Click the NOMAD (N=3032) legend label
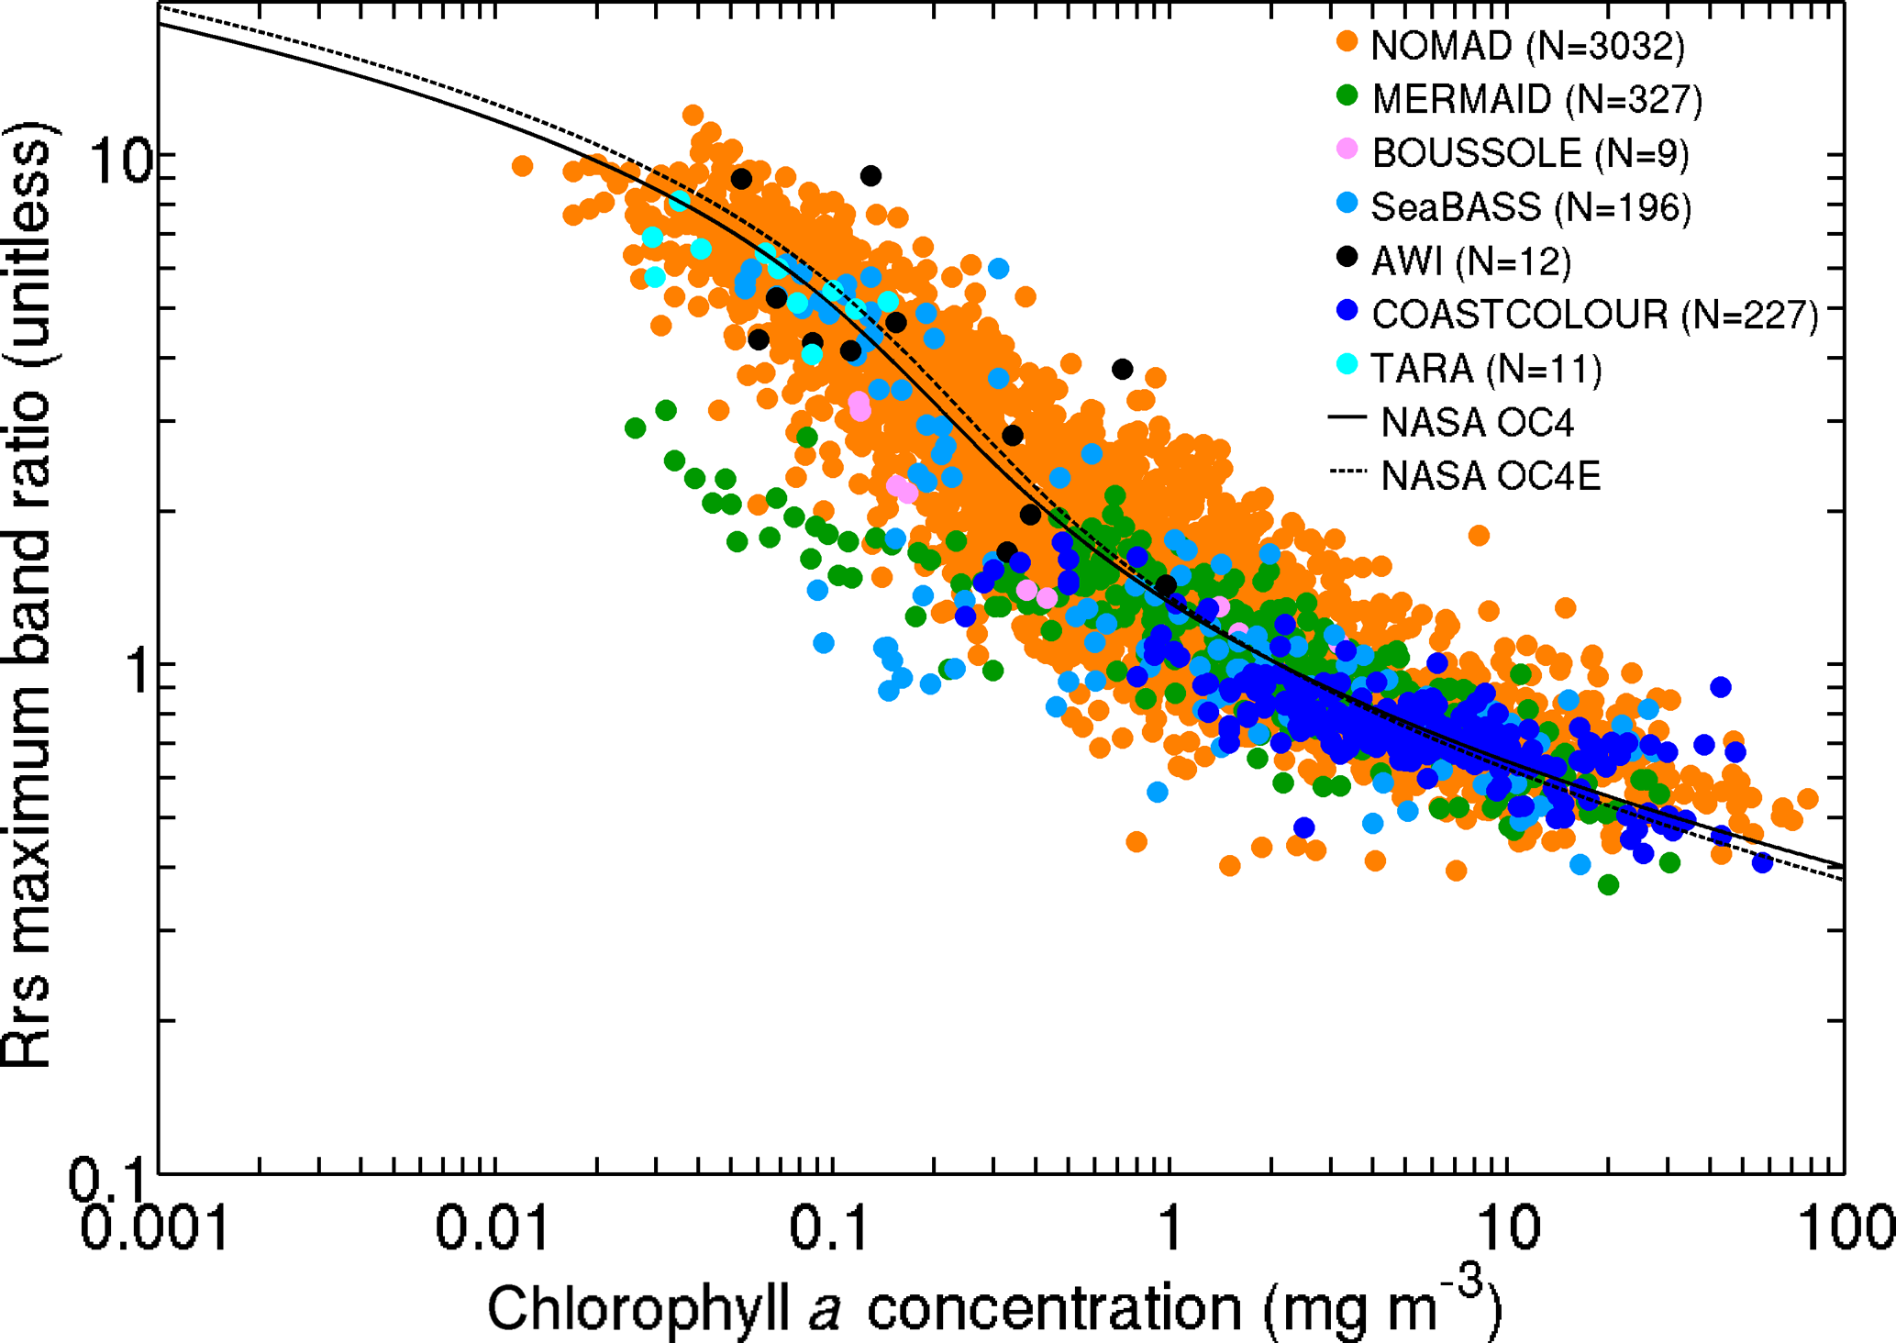tap(1527, 46)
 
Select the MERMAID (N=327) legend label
tap(1536, 99)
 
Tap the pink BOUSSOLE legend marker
tap(1347, 149)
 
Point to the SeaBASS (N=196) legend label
tap(1530, 207)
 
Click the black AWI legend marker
tap(1347, 257)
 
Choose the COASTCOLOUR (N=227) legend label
tap(1594, 315)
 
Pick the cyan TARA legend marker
tap(1347, 364)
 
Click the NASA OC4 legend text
tap(1477, 423)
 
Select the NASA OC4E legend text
tap(1491, 476)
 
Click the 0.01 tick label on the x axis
tap(493, 1228)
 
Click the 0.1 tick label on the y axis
tap(105, 1181)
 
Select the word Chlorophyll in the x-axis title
tap(638, 1308)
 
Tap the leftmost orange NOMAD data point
tap(522, 166)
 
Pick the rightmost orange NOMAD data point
tap(1808, 799)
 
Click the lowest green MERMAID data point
tap(1608, 884)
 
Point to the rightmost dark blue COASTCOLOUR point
tap(1762, 862)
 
